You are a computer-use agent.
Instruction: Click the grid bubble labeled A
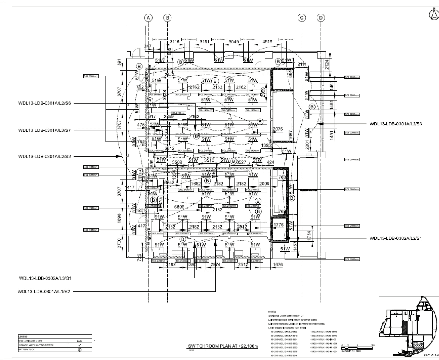(x=149, y=18)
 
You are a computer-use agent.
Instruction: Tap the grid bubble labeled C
(x=302, y=18)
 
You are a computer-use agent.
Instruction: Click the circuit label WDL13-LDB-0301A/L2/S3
(x=396, y=124)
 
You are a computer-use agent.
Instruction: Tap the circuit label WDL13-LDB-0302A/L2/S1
(x=396, y=239)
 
